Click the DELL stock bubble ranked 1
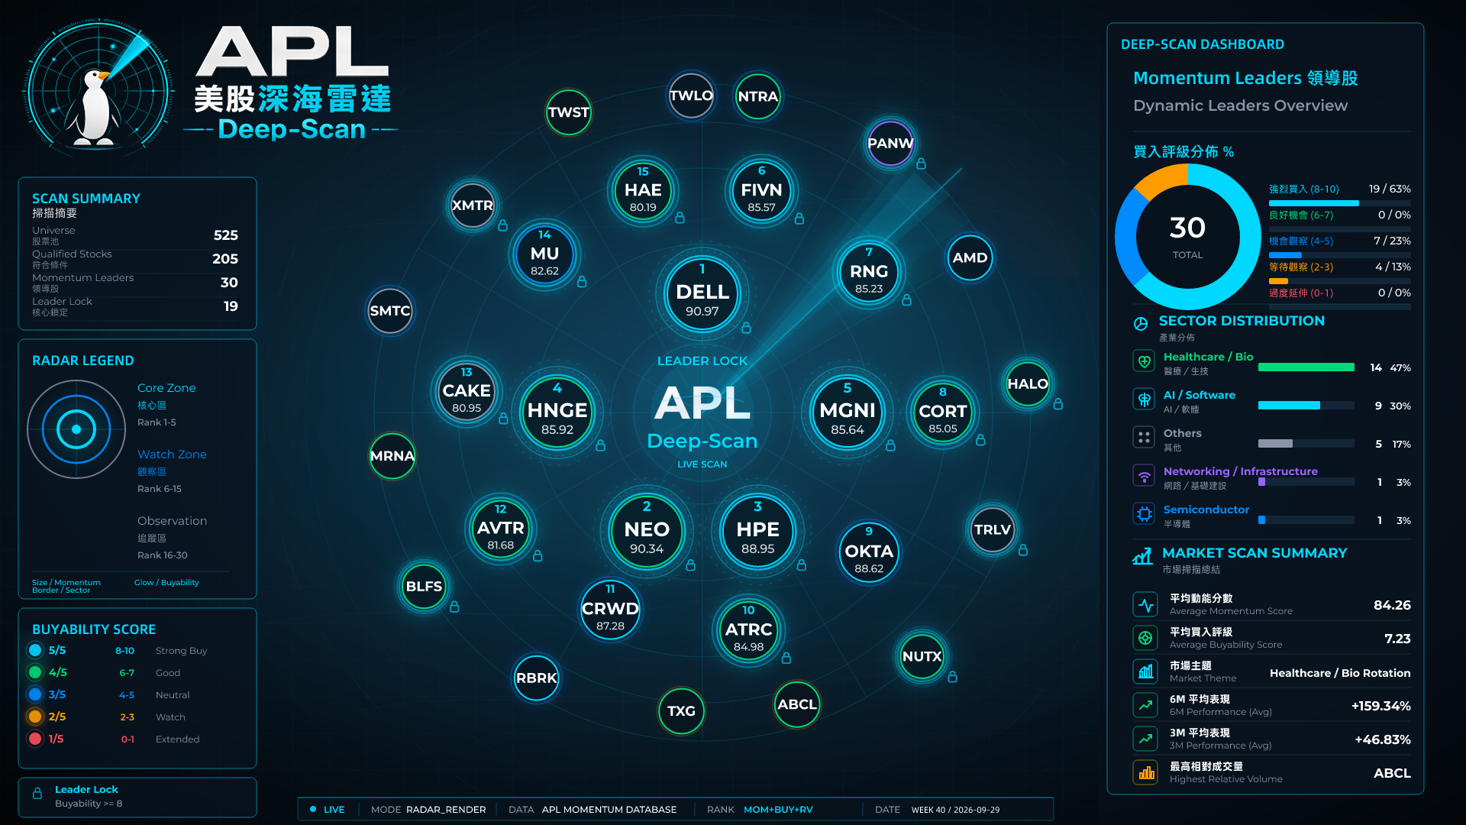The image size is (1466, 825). point(702,293)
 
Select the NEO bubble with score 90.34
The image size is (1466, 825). point(647,532)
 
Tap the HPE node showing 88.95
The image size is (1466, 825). point(757,532)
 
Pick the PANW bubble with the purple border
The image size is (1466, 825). point(890,143)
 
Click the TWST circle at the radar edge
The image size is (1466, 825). point(569,112)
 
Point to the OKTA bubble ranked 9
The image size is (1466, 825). point(869,552)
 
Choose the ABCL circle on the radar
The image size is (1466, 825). point(797,704)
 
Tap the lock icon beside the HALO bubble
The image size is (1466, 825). point(1058,404)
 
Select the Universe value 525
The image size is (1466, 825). point(226,235)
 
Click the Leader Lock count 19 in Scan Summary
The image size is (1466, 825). point(231,306)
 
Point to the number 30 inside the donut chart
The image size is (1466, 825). point(1187,228)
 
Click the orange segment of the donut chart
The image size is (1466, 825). point(1158,181)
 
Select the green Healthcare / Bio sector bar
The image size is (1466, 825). point(1306,367)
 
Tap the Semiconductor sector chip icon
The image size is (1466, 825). point(1144,514)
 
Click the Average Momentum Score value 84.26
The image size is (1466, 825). point(1392,605)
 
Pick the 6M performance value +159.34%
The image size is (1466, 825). point(1380,706)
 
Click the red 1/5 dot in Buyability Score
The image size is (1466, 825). point(35,739)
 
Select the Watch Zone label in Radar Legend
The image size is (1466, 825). point(172,455)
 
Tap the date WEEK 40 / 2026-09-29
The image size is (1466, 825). point(955,810)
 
